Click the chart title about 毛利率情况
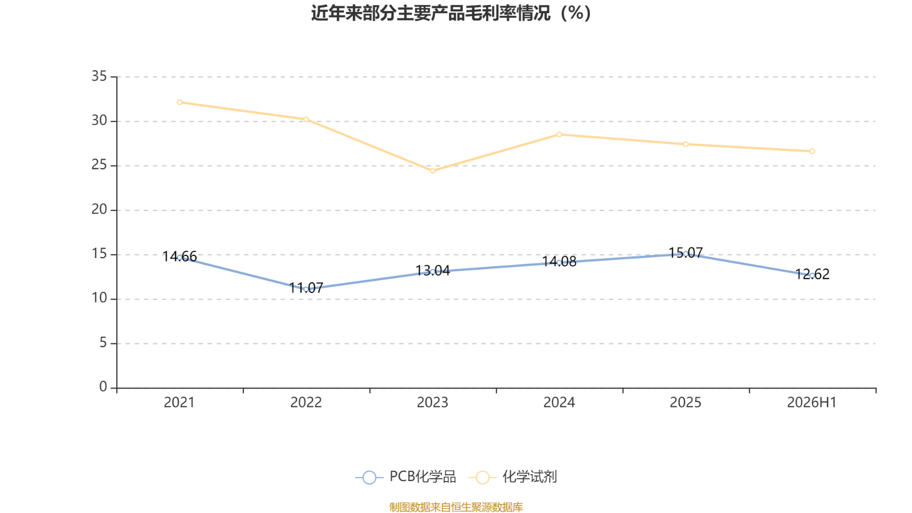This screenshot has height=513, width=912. coord(451,13)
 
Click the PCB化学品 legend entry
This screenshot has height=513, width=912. coord(405,477)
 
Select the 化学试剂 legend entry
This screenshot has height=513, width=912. coord(512,477)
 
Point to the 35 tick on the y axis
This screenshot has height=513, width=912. coord(99,76)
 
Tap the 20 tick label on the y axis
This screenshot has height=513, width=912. coord(99,210)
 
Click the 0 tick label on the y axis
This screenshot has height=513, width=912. coord(103,387)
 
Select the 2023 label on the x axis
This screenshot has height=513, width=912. coord(433,402)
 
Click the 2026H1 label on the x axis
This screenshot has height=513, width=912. coord(812,402)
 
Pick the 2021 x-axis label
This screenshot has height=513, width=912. coord(179,402)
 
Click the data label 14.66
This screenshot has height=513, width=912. coord(180,256)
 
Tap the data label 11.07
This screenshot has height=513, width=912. coord(306,288)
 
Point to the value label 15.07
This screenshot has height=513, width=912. coord(686,253)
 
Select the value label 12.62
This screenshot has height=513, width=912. coord(812,274)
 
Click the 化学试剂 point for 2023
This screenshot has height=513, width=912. coord(433,171)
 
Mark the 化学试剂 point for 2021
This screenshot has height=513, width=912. coord(180,102)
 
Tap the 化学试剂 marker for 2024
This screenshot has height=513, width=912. coord(559,135)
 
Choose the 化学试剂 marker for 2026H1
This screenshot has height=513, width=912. coord(812,151)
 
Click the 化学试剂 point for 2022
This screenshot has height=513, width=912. coord(306,119)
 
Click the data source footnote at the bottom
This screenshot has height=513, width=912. coord(455,507)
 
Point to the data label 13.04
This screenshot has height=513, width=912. coord(433,271)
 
